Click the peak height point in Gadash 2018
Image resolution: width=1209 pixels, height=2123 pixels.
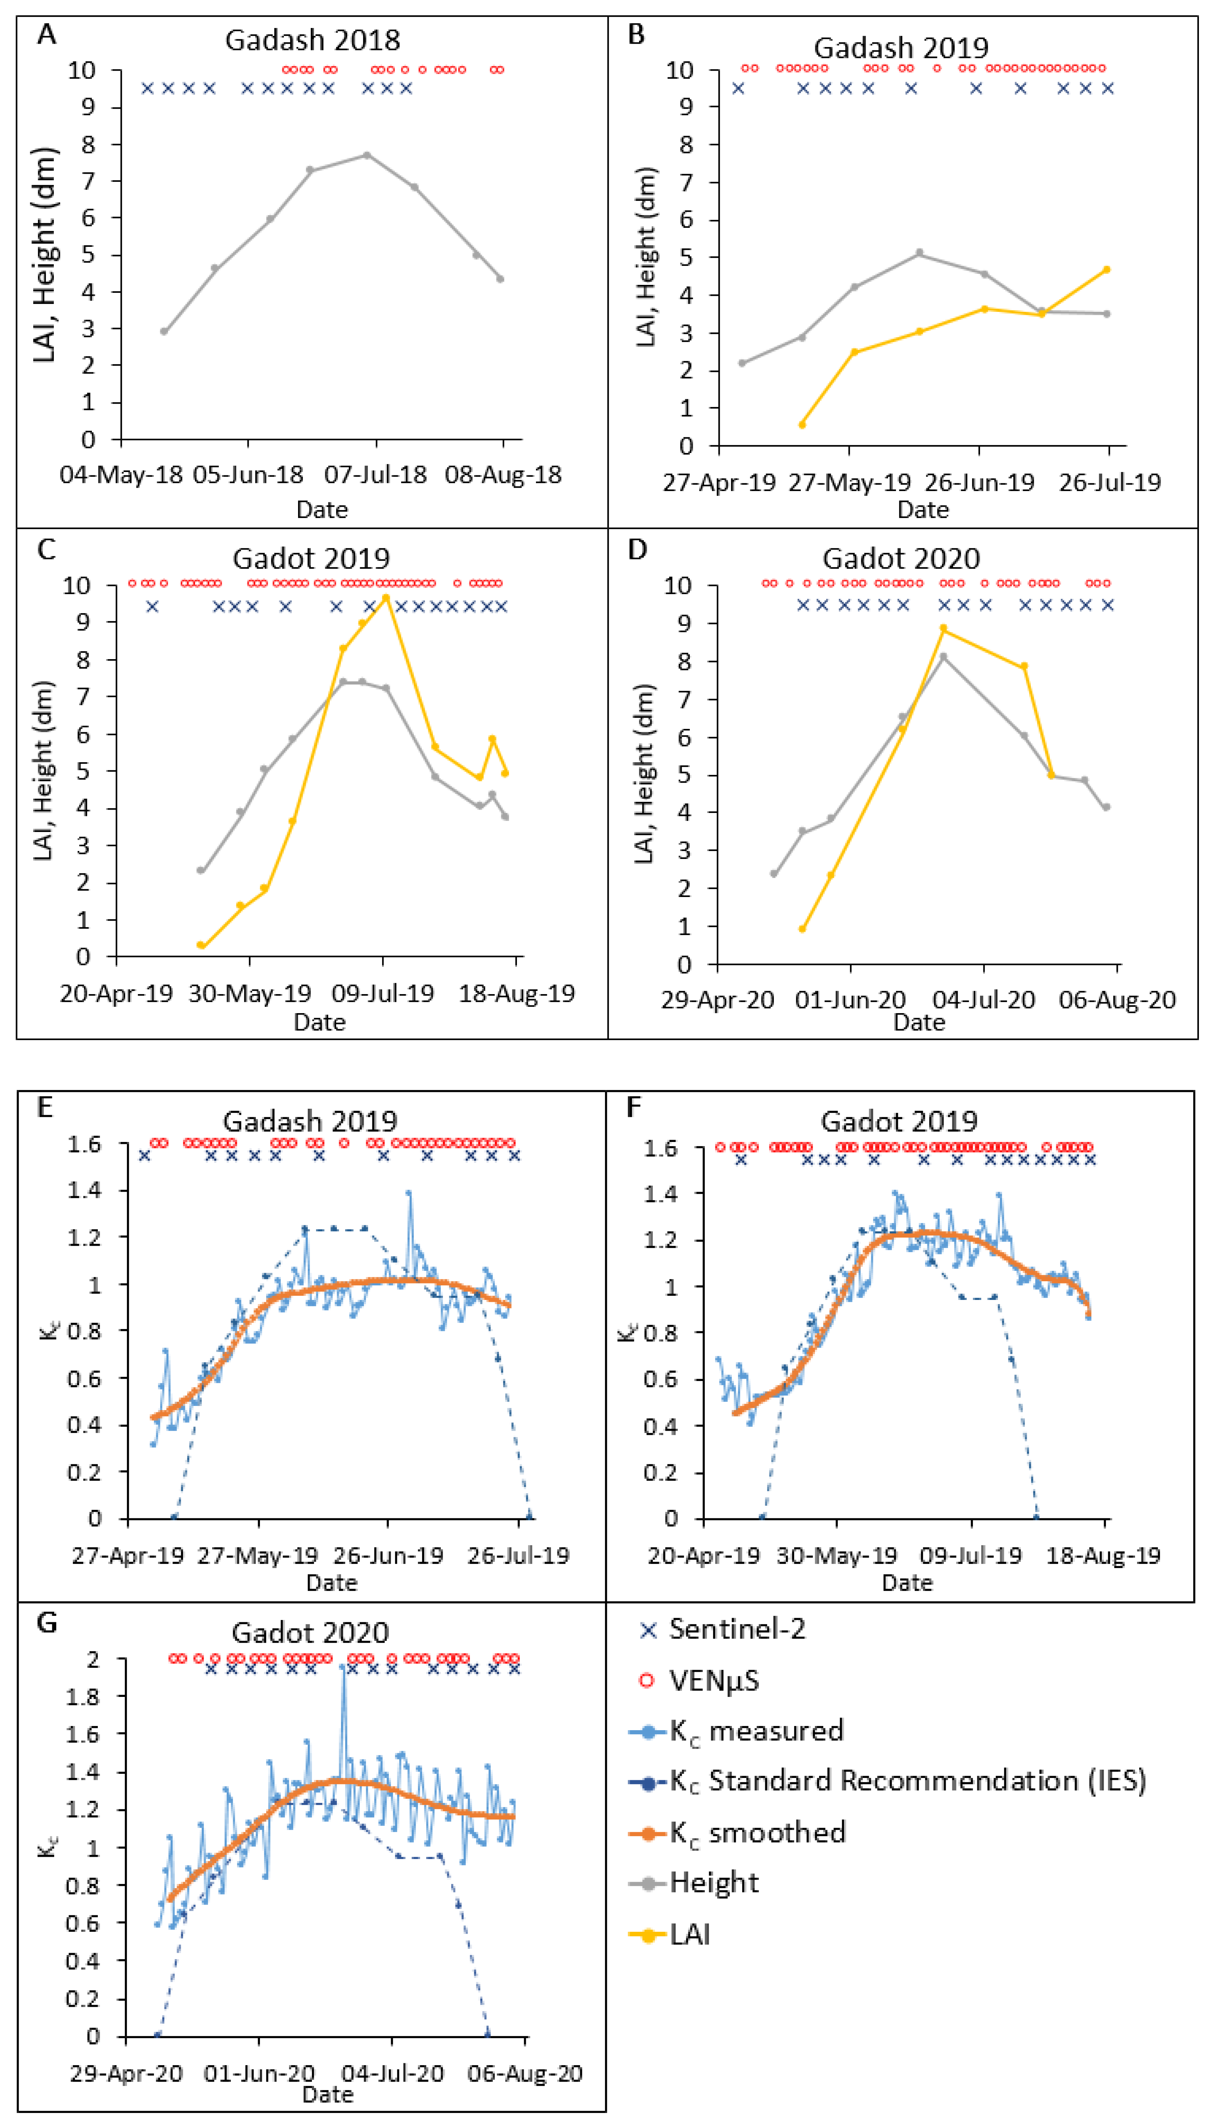pos(366,155)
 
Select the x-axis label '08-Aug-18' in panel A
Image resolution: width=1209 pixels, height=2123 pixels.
pos(503,475)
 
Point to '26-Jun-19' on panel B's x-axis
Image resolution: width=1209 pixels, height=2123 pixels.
pos(980,482)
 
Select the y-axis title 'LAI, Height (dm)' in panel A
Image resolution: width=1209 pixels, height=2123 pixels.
pos(44,255)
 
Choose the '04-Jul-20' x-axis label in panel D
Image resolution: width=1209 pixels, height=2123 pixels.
pos(984,1000)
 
